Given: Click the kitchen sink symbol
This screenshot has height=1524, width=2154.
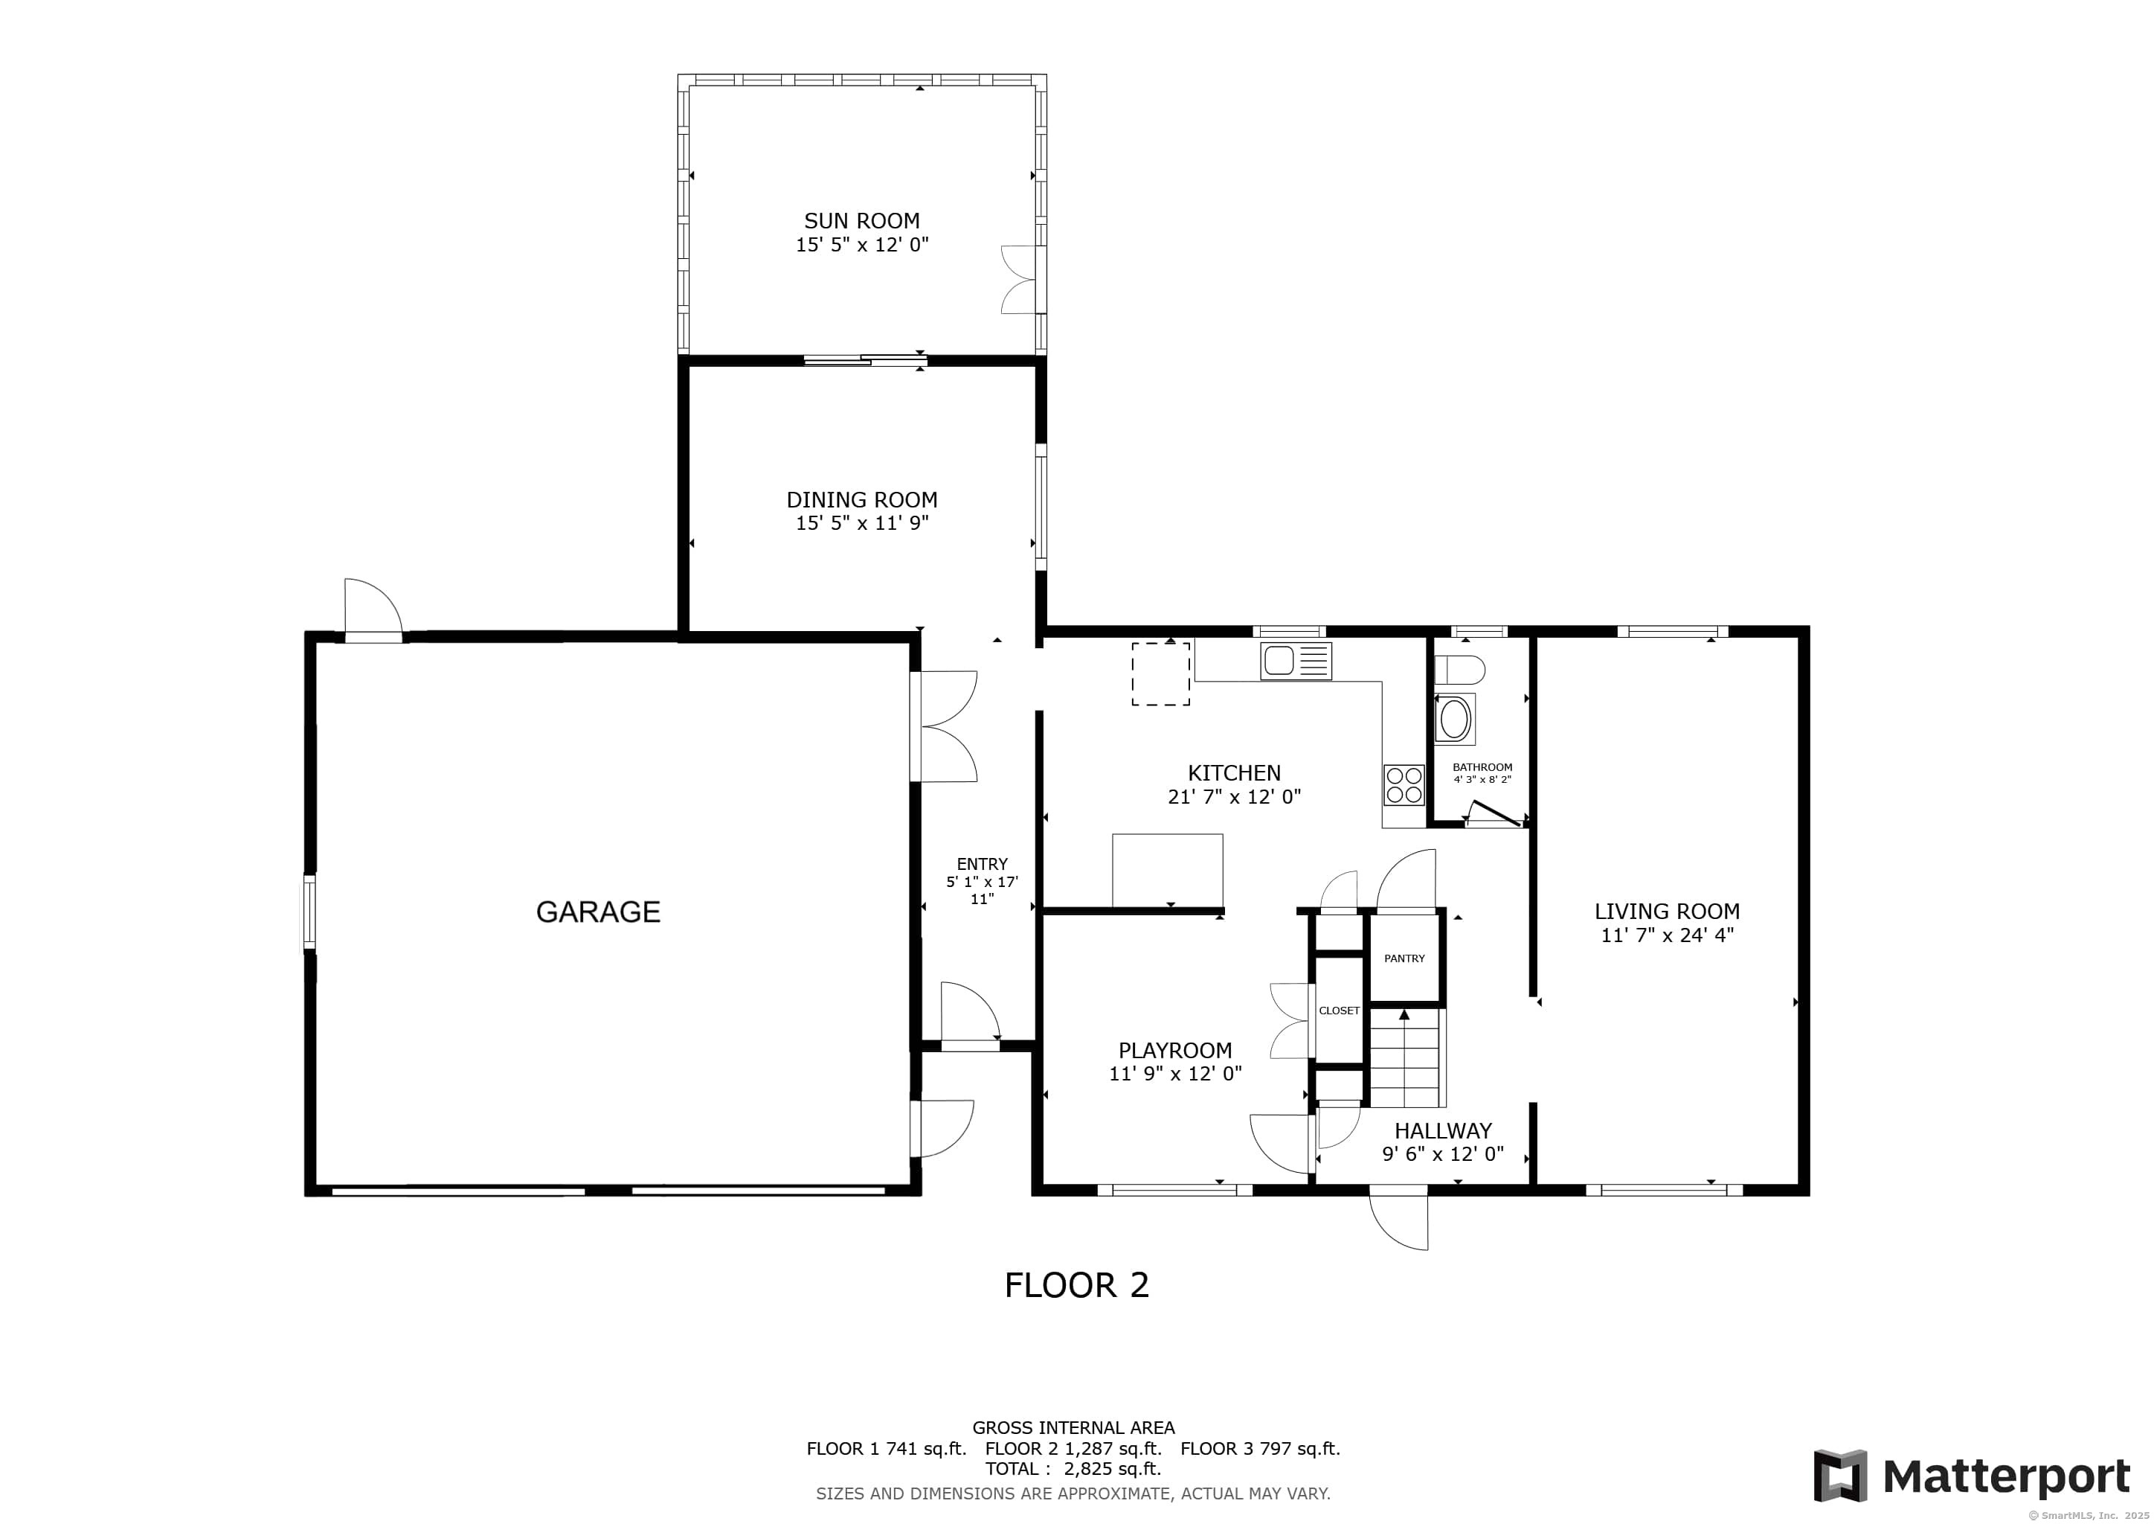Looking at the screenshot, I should (x=1295, y=661).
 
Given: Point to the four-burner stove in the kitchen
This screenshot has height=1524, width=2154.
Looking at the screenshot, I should (x=1404, y=784).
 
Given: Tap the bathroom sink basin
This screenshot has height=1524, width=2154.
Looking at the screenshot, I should (x=1454, y=720).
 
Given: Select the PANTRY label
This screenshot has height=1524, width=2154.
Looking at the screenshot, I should (x=1404, y=958).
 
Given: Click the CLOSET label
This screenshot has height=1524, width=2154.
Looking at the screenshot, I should (x=1339, y=1011).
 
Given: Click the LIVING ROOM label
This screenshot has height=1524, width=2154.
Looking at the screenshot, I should (x=1666, y=912).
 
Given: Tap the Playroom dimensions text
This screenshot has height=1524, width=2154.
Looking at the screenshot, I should (x=1174, y=1075).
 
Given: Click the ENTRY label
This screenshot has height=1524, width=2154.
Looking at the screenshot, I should (x=981, y=864).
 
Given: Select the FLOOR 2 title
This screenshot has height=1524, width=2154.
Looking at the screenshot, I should (x=1076, y=1284).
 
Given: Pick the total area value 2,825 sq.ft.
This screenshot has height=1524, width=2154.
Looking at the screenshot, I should (x=1112, y=1469).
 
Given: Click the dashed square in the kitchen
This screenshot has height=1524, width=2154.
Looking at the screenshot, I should (x=1160, y=673).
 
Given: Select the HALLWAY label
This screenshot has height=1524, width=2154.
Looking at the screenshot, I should (x=1442, y=1131).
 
